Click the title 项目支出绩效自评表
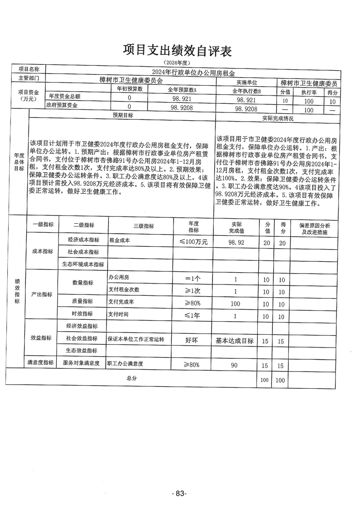point(177,51)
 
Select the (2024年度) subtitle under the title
point(177,62)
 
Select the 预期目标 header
point(123,116)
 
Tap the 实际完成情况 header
point(278,118)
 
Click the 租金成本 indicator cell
point(119,241)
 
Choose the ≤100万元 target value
point(193,242)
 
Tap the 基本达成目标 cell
point(234,341)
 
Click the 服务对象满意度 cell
point(81,363)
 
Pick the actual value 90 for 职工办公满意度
point(235,365)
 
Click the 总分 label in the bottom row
point(131,377)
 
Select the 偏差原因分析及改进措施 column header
point(316,229)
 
